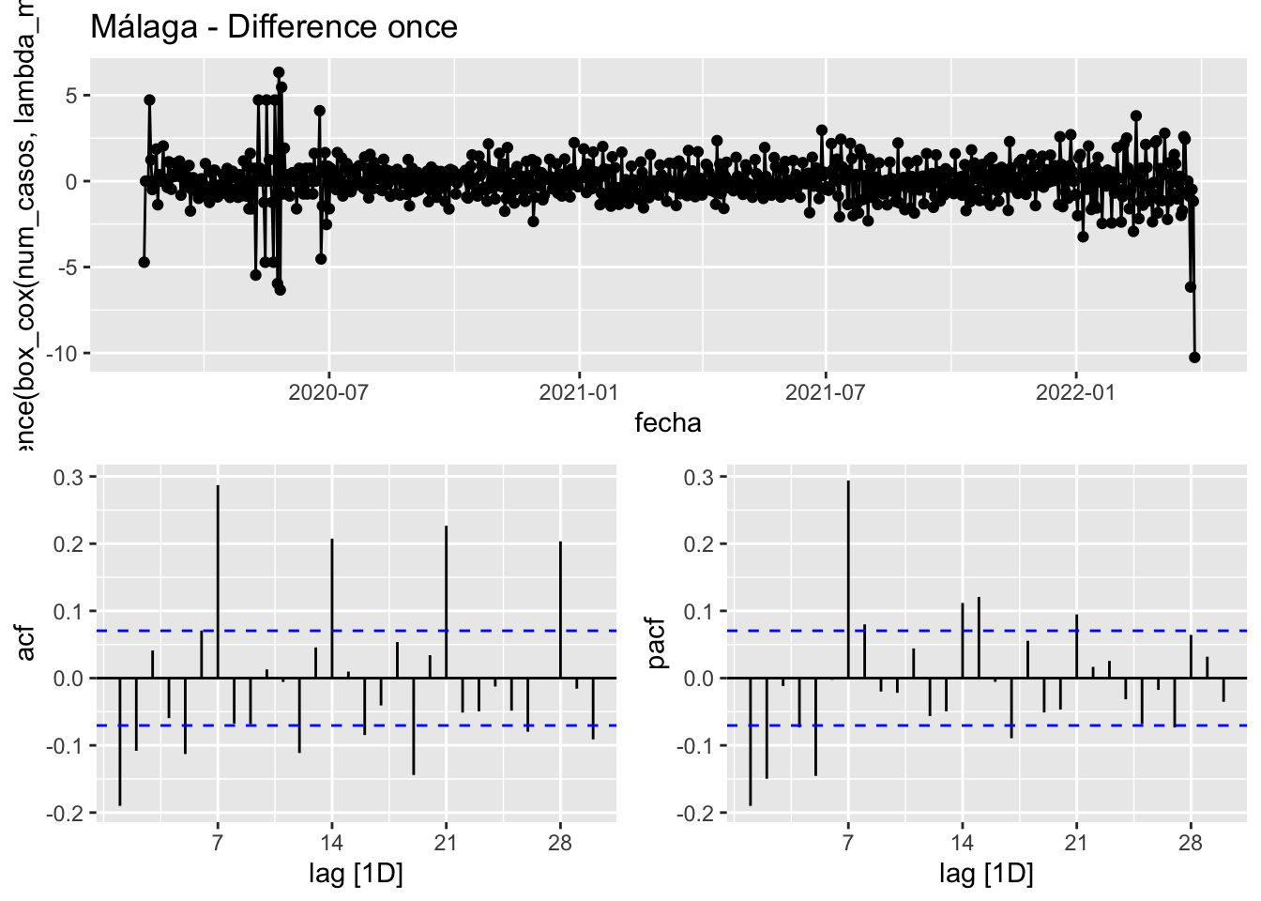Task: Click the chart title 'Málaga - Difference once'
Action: (x=274, y=26)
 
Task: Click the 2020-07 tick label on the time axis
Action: (x=328, y=391)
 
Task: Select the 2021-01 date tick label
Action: (x=579, y=391)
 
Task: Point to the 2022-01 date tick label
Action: (x=1075, y=391)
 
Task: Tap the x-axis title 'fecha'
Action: (x=667, y=422)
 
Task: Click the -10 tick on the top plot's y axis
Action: (x=66, y=354)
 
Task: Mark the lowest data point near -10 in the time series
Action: (x=1194, y=357)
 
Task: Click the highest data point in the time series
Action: (x=279, y=72)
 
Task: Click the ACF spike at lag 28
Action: (x=560, y=609)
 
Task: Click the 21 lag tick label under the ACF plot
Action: (x=446, y=843)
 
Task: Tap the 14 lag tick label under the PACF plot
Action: (x=962, y=843)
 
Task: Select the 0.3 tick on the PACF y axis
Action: (x=699, y=478)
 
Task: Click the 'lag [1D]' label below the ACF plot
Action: (x=356, y=875)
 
